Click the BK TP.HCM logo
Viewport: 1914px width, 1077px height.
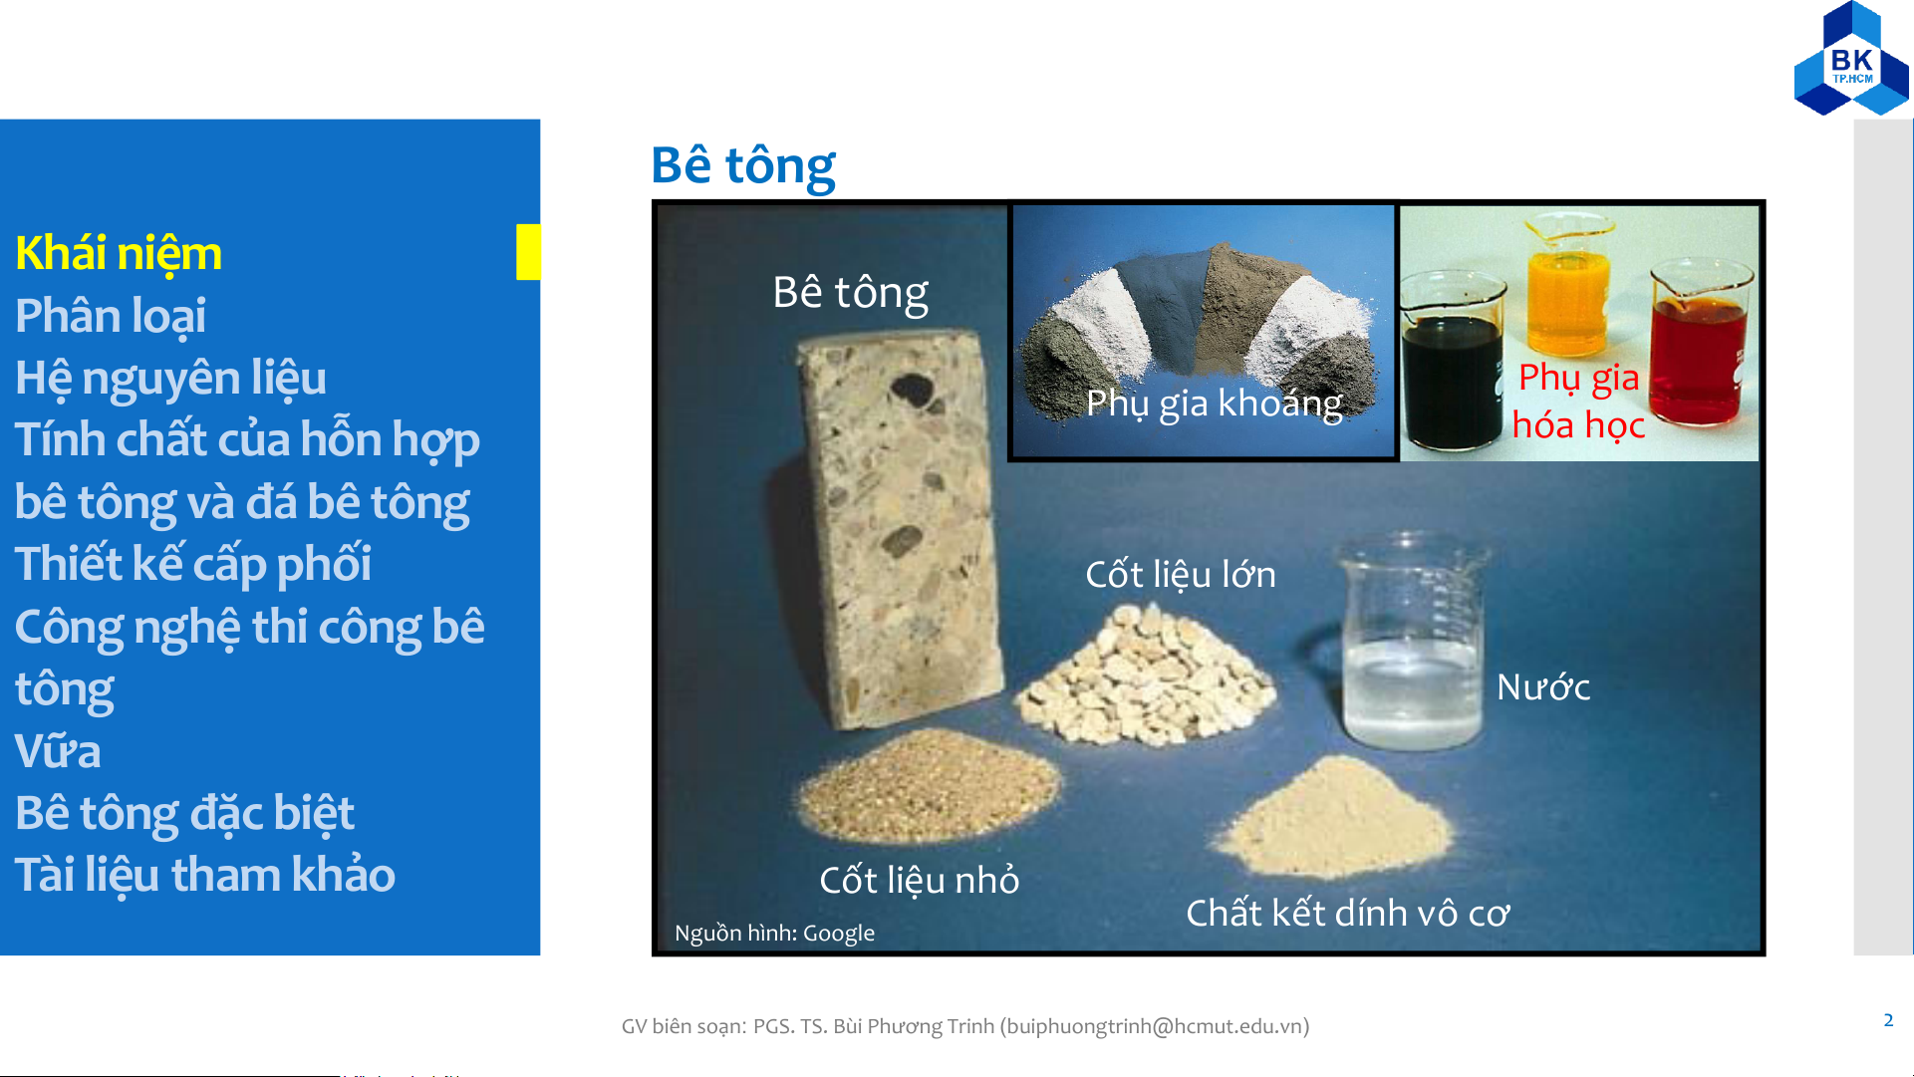(x=1851, y=60)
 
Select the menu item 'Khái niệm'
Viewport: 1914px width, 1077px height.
(x=119, y=253)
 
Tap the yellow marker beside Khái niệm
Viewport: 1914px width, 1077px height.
(x=528, y=252)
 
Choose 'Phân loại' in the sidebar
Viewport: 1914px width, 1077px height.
(x=111, y=316)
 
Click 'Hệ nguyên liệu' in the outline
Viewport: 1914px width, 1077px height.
(x=170, y=379)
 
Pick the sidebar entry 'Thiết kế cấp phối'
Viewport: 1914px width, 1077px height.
(x=193, y=565)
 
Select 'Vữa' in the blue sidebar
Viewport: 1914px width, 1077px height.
(x=58, y=751)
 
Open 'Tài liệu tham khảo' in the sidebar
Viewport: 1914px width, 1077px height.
(x=205, y=875)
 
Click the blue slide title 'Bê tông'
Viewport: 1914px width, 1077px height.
(x=743, y=165)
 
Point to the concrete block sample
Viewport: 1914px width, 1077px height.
(x=900, y=528)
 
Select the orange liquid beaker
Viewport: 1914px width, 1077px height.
(x=1567, y=294)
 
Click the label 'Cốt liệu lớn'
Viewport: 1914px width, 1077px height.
(x=1181, y=575)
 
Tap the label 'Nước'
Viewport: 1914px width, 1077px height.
(x=1543, y=686)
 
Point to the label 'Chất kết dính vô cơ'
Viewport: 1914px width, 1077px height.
(x=1347, y=913)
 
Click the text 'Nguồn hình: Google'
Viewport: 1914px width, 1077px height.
(x=774, y=934)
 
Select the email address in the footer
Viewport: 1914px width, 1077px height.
(x=1154, y=1026)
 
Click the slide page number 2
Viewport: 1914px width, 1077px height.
(x=1888, y=1020)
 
